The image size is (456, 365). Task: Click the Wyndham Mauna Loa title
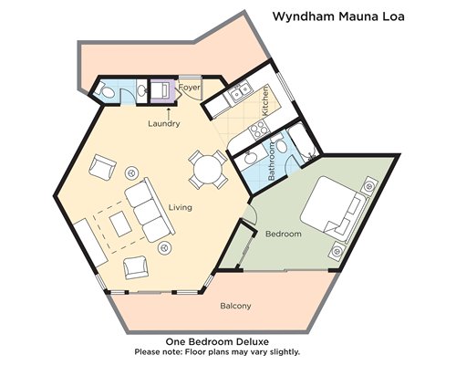338,16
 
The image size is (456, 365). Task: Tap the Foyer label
190,88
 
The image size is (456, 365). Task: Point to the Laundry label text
164,123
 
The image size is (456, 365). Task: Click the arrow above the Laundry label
169,112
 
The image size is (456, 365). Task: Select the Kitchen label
265,100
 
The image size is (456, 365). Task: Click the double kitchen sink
240,91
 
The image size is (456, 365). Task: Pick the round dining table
208,170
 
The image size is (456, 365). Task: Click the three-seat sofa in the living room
150,210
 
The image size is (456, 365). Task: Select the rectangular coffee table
120,224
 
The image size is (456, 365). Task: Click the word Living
181,207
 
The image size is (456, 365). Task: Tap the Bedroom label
284,234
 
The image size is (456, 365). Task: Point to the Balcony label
235,306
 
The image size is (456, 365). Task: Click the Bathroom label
272,161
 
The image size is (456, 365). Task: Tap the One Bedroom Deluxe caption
217,341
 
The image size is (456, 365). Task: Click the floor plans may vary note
217,352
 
